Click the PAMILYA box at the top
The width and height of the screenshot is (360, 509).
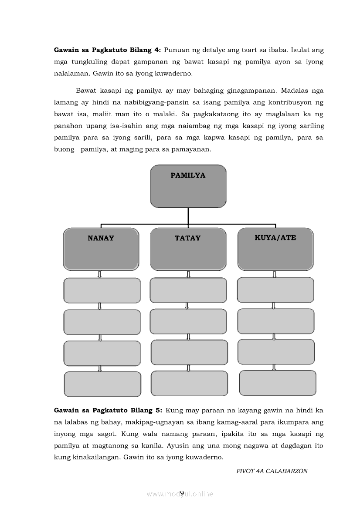188,186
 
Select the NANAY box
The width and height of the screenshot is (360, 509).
101,249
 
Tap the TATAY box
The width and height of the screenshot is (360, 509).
188,249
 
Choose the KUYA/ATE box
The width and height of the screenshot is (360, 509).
275,249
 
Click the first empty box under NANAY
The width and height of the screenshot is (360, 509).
102,290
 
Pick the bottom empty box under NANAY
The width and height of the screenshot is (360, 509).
102,384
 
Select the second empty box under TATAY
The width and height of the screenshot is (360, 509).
188,321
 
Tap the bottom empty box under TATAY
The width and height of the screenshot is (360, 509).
189,384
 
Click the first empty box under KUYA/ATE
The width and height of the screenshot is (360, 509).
275,290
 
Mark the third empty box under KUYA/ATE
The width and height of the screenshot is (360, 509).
276,352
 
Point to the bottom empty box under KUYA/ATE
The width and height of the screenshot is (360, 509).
278,383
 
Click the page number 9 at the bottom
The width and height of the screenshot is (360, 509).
182,493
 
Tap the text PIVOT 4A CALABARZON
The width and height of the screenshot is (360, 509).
272,471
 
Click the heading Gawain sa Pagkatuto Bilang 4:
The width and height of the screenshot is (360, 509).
107,50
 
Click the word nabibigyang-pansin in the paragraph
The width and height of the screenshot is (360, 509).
168,103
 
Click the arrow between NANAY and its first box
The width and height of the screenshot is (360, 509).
100,275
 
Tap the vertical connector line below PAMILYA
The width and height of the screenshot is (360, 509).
188,216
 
